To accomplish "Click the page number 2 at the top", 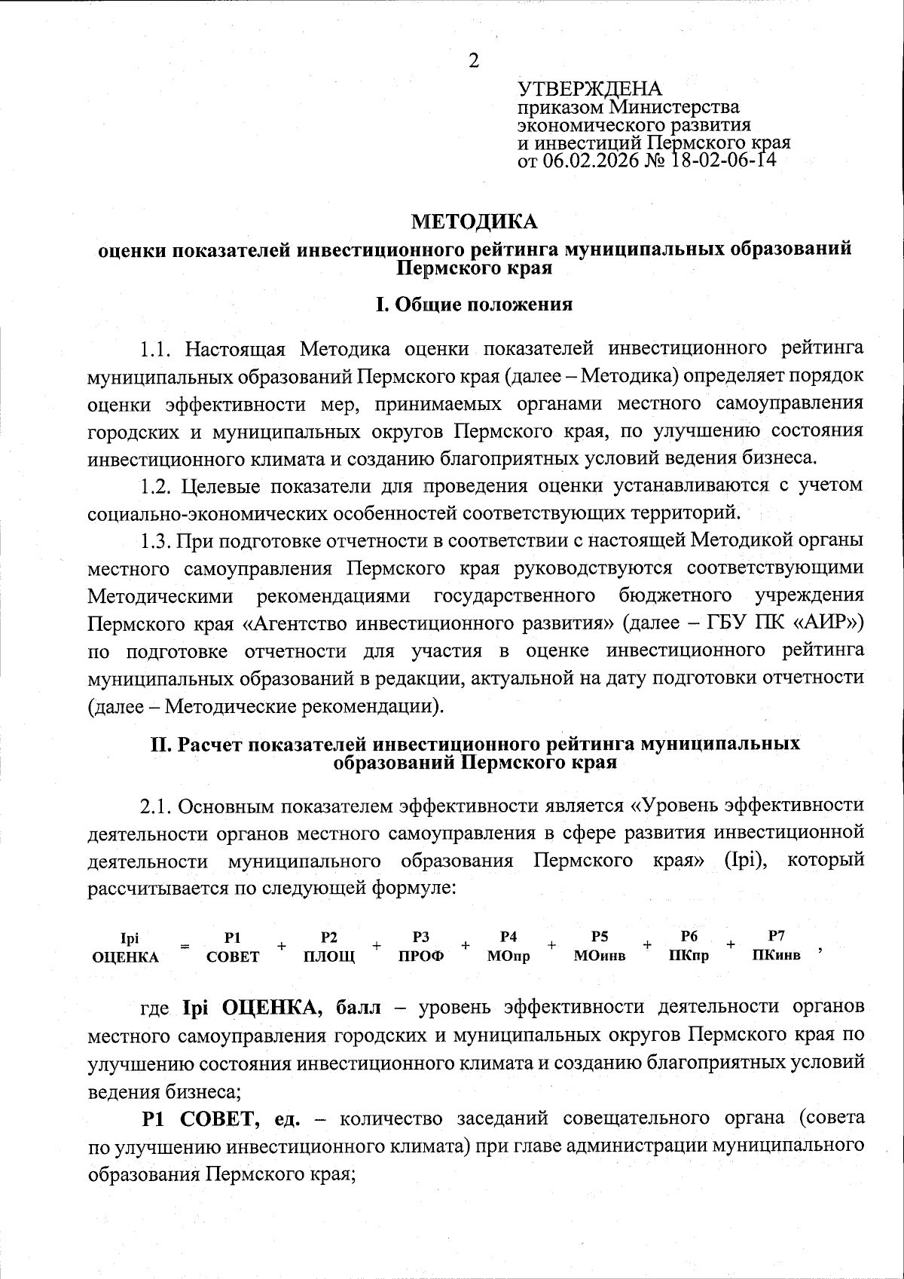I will point(473,61).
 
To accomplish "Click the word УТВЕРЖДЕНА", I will point(589,88).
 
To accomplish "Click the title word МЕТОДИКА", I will point(474,222).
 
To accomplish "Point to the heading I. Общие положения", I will point(474,304).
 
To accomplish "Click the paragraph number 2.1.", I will point(157,805).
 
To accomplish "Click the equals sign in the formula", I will point(185,946).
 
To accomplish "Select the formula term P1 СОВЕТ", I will point(233,947).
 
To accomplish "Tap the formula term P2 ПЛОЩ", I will point(328,947).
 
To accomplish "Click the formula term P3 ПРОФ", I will point(421,947).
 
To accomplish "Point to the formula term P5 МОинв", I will point(600,947).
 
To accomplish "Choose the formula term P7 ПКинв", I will point(777,946).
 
